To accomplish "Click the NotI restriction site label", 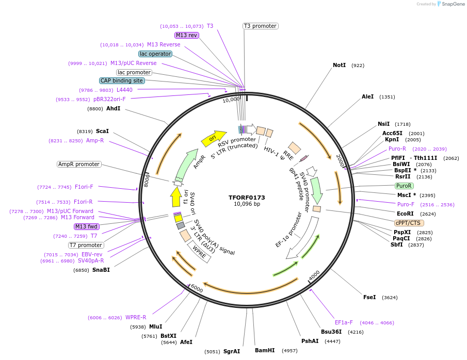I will (x=339, y=66).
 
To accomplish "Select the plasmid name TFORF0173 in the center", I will (x=247, y=198).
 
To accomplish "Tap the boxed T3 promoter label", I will (x=261, y=26).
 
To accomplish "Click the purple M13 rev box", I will (x=187, y=35).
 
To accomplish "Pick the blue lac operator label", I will (x=155, y=54).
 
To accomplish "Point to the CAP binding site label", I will (x=122, y=80).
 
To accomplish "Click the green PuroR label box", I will (x=404, y=186).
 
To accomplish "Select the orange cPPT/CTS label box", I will (x=408, y=223).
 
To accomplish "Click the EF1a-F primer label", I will (x=344, y=322).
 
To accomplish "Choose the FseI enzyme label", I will (x=369, y=297).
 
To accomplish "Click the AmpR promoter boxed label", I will (x=79, y=164).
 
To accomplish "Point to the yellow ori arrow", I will (x=214, y=137).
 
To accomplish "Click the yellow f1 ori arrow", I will (x=175, y=197).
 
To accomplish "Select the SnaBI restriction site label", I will (x=101, y=270).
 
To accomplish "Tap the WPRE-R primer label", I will (x=136, y=317).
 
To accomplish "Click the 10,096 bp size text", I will (x=247, y=204).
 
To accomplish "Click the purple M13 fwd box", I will (x=87, y=226).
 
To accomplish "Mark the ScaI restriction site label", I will (x=102, y=132).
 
